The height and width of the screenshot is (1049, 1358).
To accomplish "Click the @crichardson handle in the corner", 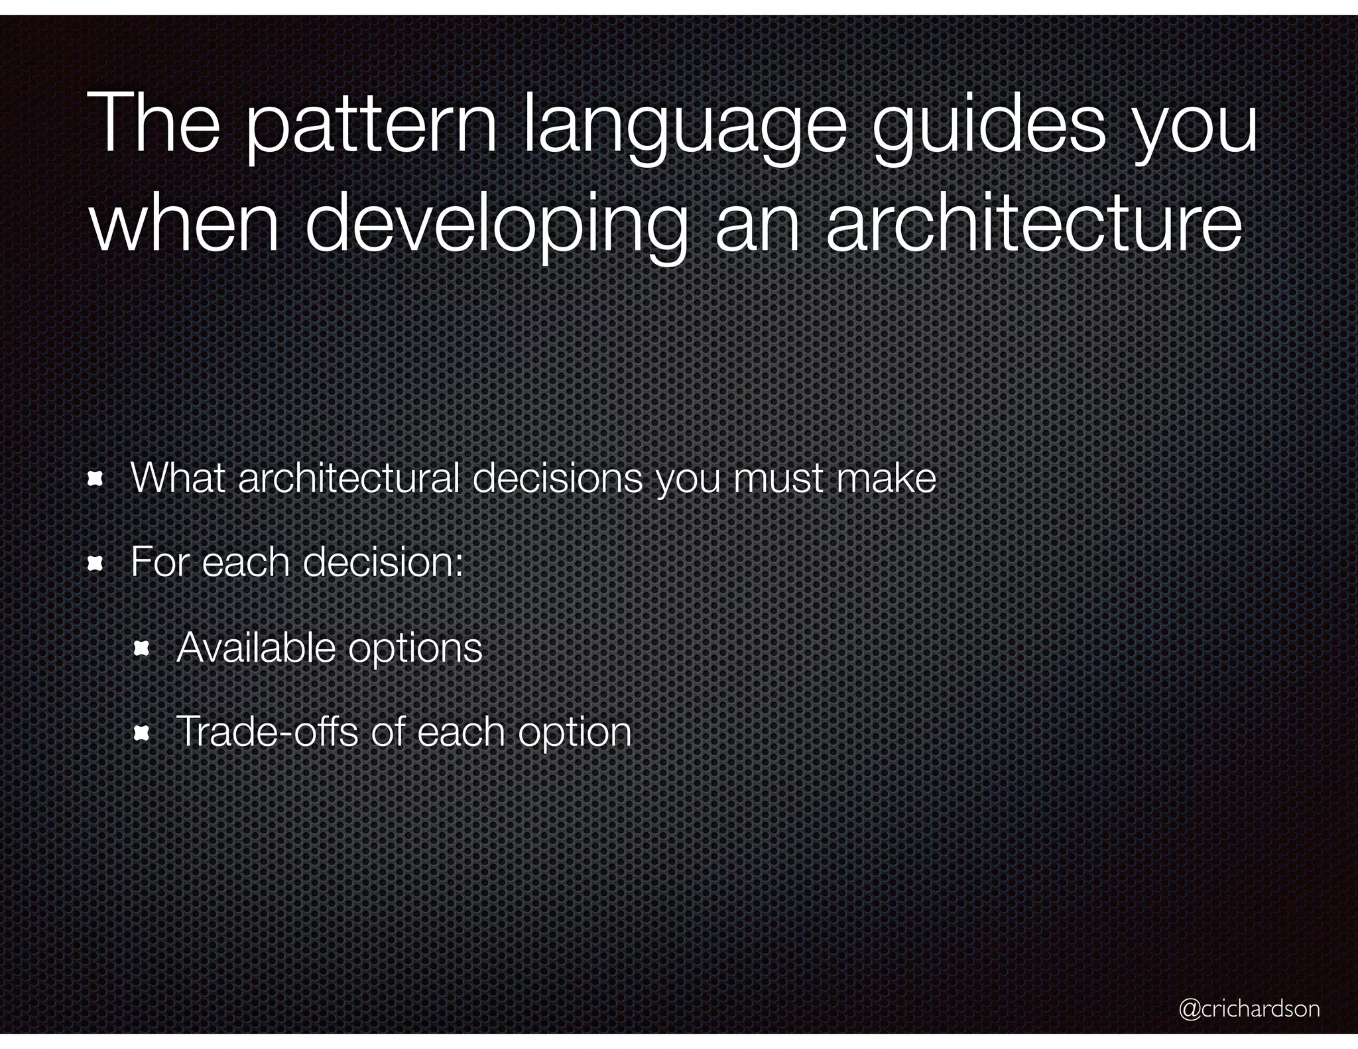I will pos(1249,1009).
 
